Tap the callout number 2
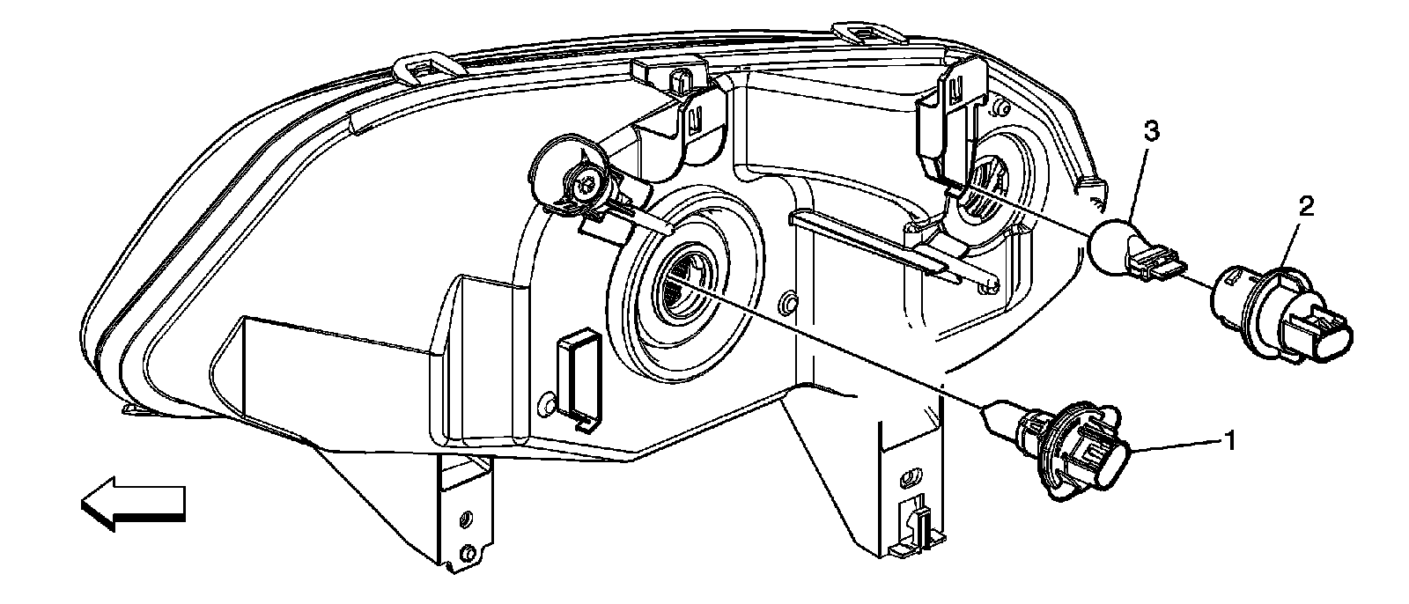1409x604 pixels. click(x=1306, y=207)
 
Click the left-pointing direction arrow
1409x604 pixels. click(x=133, y=503)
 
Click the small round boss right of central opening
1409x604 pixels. click(x=790, y=305)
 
